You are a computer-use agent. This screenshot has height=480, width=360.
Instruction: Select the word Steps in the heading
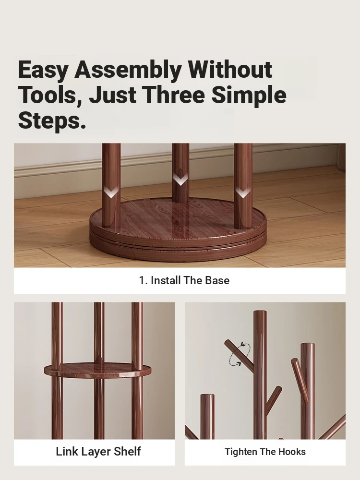[52, 121]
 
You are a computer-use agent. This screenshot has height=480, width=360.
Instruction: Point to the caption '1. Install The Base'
[184, 280]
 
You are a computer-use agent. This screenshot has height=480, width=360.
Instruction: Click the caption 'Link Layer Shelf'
[98, 452]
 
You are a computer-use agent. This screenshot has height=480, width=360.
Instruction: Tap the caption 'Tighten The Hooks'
[265, 452]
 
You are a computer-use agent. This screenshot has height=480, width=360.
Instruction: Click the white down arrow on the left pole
[111, 192]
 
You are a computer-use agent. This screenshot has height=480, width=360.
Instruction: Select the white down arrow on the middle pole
[180, 180]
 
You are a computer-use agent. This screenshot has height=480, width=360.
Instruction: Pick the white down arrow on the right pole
[243, 192]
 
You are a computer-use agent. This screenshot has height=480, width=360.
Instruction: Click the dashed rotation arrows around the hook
[240, 354]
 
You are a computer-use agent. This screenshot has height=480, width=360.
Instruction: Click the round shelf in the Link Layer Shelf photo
[97, 370]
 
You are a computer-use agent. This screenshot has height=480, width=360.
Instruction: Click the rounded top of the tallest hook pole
[260, 313]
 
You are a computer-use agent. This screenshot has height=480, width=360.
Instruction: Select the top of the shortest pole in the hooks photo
[207, 396]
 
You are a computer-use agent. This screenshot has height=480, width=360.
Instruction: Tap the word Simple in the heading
[249, 96]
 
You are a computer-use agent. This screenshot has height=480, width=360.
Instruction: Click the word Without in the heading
[230, 70]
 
